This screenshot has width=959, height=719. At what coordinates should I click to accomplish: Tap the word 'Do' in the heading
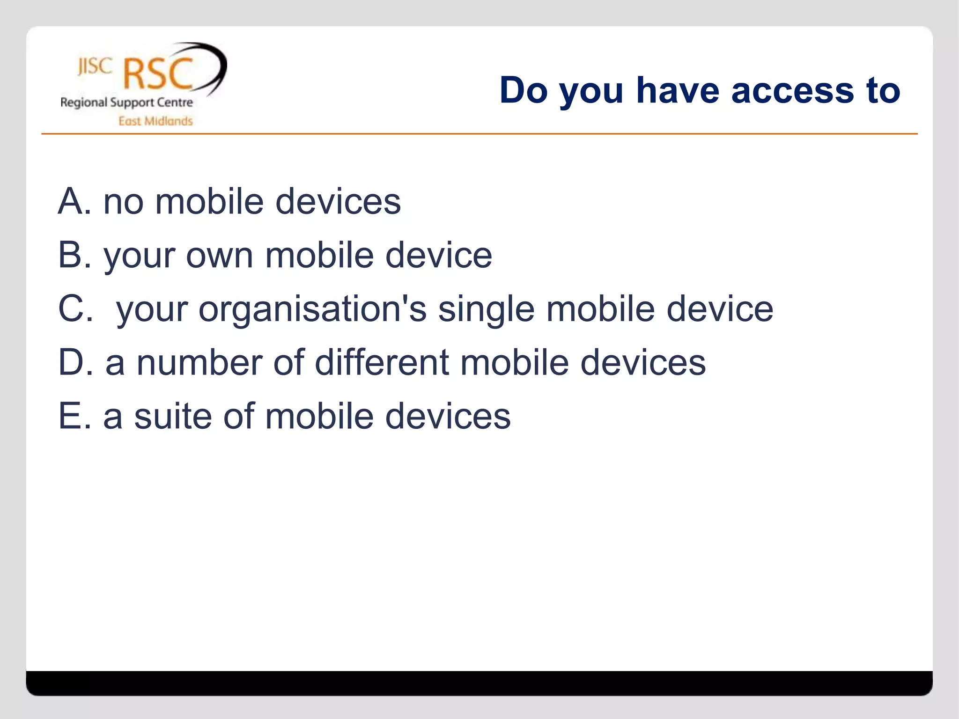click(523, 90)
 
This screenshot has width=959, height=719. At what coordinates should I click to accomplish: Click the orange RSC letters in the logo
click(158, 74)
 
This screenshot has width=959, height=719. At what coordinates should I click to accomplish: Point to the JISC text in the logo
click(95, 66)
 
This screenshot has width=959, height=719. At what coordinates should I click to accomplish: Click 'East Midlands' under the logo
click(155, 121)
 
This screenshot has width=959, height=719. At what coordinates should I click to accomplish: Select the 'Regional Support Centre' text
click(126, 103)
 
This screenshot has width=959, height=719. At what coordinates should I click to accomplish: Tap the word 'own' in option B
click(220, 256)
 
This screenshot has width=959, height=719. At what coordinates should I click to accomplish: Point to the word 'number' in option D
click(199, 363)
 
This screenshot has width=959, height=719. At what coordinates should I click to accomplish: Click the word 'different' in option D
click(381, 363)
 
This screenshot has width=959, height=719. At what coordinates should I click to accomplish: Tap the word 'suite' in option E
click(172, 416)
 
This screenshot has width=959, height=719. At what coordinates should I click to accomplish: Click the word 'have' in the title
click(677, 90)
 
